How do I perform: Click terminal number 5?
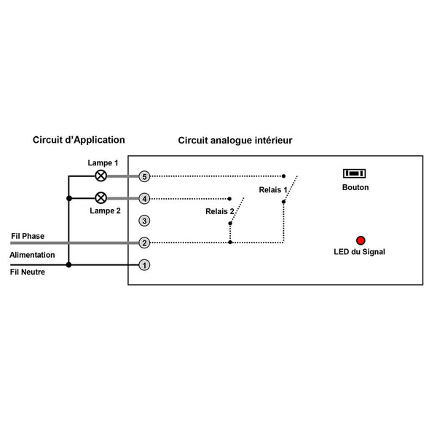[144, 176]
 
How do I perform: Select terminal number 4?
[144, 199]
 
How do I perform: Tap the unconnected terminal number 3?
[144, 221]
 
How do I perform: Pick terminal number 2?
[144, 243]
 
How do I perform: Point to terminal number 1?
[144, 265]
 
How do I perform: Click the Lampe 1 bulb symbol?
[101, 176]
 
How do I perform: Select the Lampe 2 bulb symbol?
[101, 198]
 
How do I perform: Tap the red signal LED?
[361, 240]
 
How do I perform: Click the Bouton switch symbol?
[354, 173]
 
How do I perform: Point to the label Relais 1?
[273, 190]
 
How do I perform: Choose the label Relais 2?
[220, 211]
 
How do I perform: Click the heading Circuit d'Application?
[79, 140]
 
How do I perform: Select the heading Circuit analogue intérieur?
[235, 141]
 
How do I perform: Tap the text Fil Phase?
[28, 236]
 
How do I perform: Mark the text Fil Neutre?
[28, 272]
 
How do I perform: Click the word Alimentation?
[32, 255]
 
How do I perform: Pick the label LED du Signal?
[359, 252]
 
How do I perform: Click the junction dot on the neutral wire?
[68, 265]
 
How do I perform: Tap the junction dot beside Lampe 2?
[69, 198]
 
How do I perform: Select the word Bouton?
[355, 187]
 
